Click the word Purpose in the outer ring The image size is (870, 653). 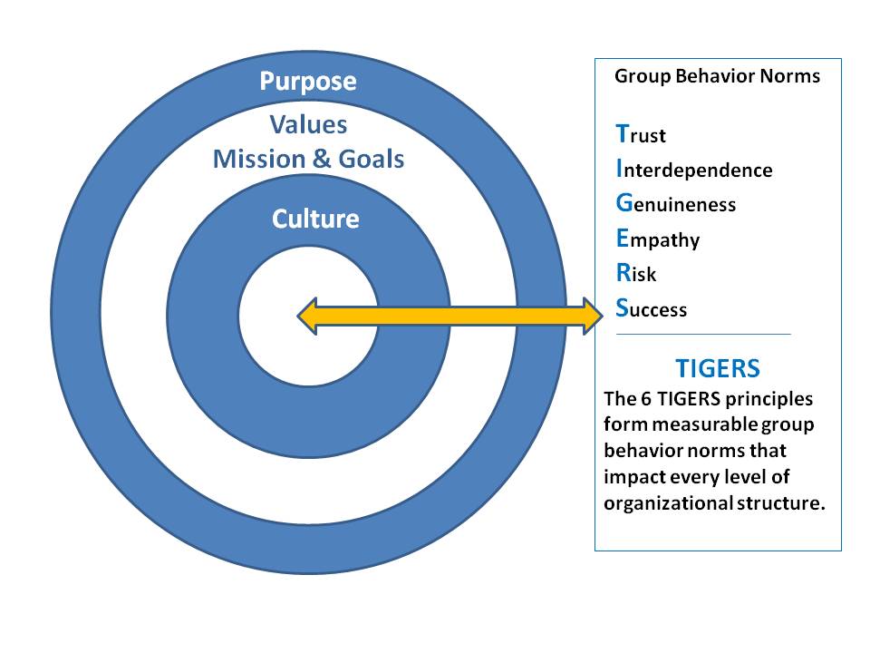pyautogui.click(x=308, y=82)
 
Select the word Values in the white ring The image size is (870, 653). pyautogui.click(x=308, y=124)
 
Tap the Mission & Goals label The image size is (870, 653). pyautogui.click(x=308, y=160)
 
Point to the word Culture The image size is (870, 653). pyautogui.click(x=315, y=219)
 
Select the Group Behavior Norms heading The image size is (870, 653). pyautogui.click(x=717, y=76)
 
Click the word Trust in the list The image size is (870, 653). pyautogui.click(x=641, y=135)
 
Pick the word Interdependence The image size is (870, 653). pyautogui.click(x=694, y=170)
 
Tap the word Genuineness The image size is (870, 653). pyautogui.click(x=675, y=204)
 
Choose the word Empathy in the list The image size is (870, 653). pyautogui.click(x=657, y=239)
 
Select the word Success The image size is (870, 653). pyautogui.click(x=651, y=309)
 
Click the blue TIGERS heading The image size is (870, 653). pyautogui.click(x=717, y=369)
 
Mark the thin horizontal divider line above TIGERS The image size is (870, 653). pyautogui.click(x=703, y=334)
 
